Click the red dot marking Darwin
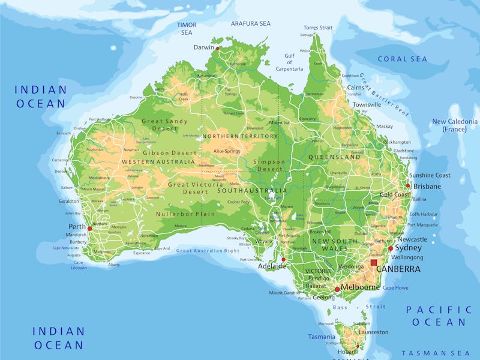pos(218,48)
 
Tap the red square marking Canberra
pos(374,262)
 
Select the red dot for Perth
pos(90,229)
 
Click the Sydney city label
pos(409,248)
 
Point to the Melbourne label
pos(361,287)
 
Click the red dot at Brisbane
pos(408,185)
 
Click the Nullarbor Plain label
pos(185,214)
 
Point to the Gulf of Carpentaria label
pos(290,62)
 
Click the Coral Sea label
pos(402,59)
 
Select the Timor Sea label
pos(187,28)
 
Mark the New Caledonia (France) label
pos(454,125)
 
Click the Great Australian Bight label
pos(208,251)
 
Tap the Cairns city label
pos(356,87)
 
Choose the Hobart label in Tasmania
pos(346,352)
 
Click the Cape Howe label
pos(395,288)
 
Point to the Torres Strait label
pos(317,28)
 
